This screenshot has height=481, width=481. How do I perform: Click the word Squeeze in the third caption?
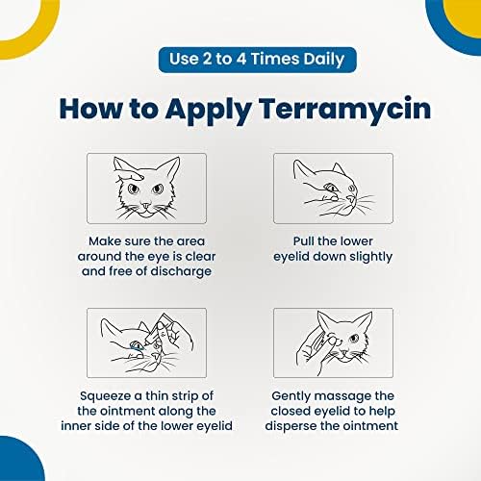101,396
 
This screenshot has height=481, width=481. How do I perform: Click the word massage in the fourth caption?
340,396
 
